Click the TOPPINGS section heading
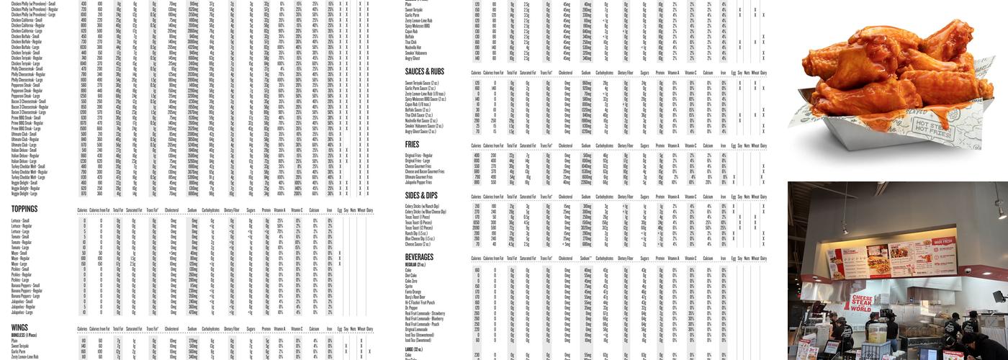(24, 210)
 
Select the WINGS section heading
(19, 328)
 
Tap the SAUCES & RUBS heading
(425, 72)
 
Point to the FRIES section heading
(412, 145)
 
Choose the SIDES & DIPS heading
(421, 195)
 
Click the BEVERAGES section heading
(419, 257)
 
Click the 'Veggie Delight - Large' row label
(24, 194)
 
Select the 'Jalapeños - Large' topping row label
(22, 312)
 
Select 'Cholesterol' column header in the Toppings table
(171, 211)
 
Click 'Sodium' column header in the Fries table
(586, 145)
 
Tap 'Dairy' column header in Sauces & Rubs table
(763, 73)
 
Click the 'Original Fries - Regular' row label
(419, 155)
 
